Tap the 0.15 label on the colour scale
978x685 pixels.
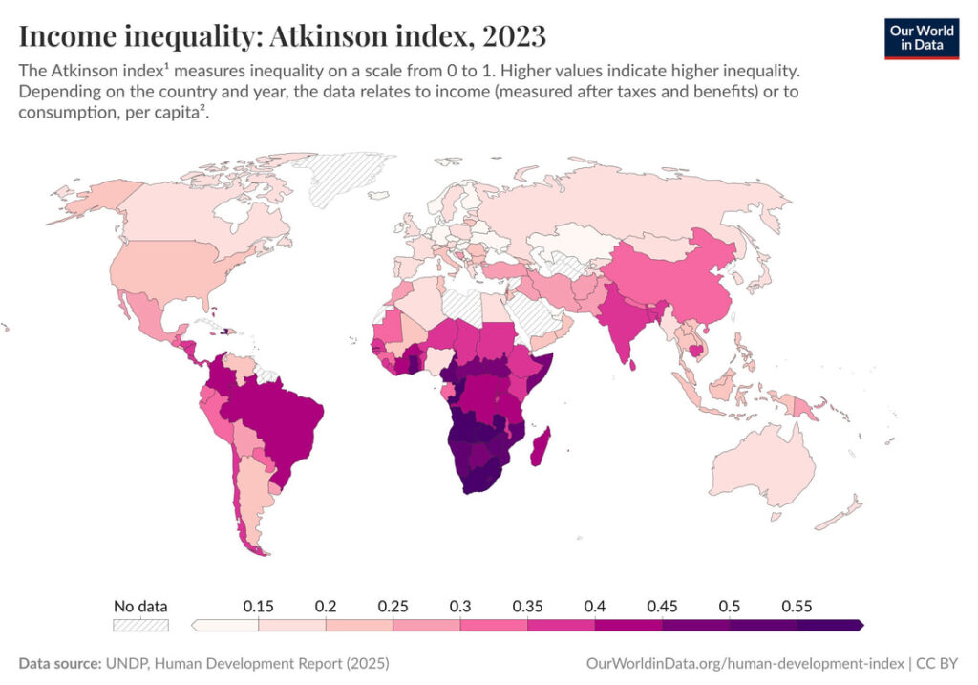click(259, 606)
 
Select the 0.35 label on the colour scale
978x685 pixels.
click(527, 606)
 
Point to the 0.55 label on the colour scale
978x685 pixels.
click(796, 606)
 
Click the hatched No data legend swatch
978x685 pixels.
click(140, 625)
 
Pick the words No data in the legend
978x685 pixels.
click(140, 606)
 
